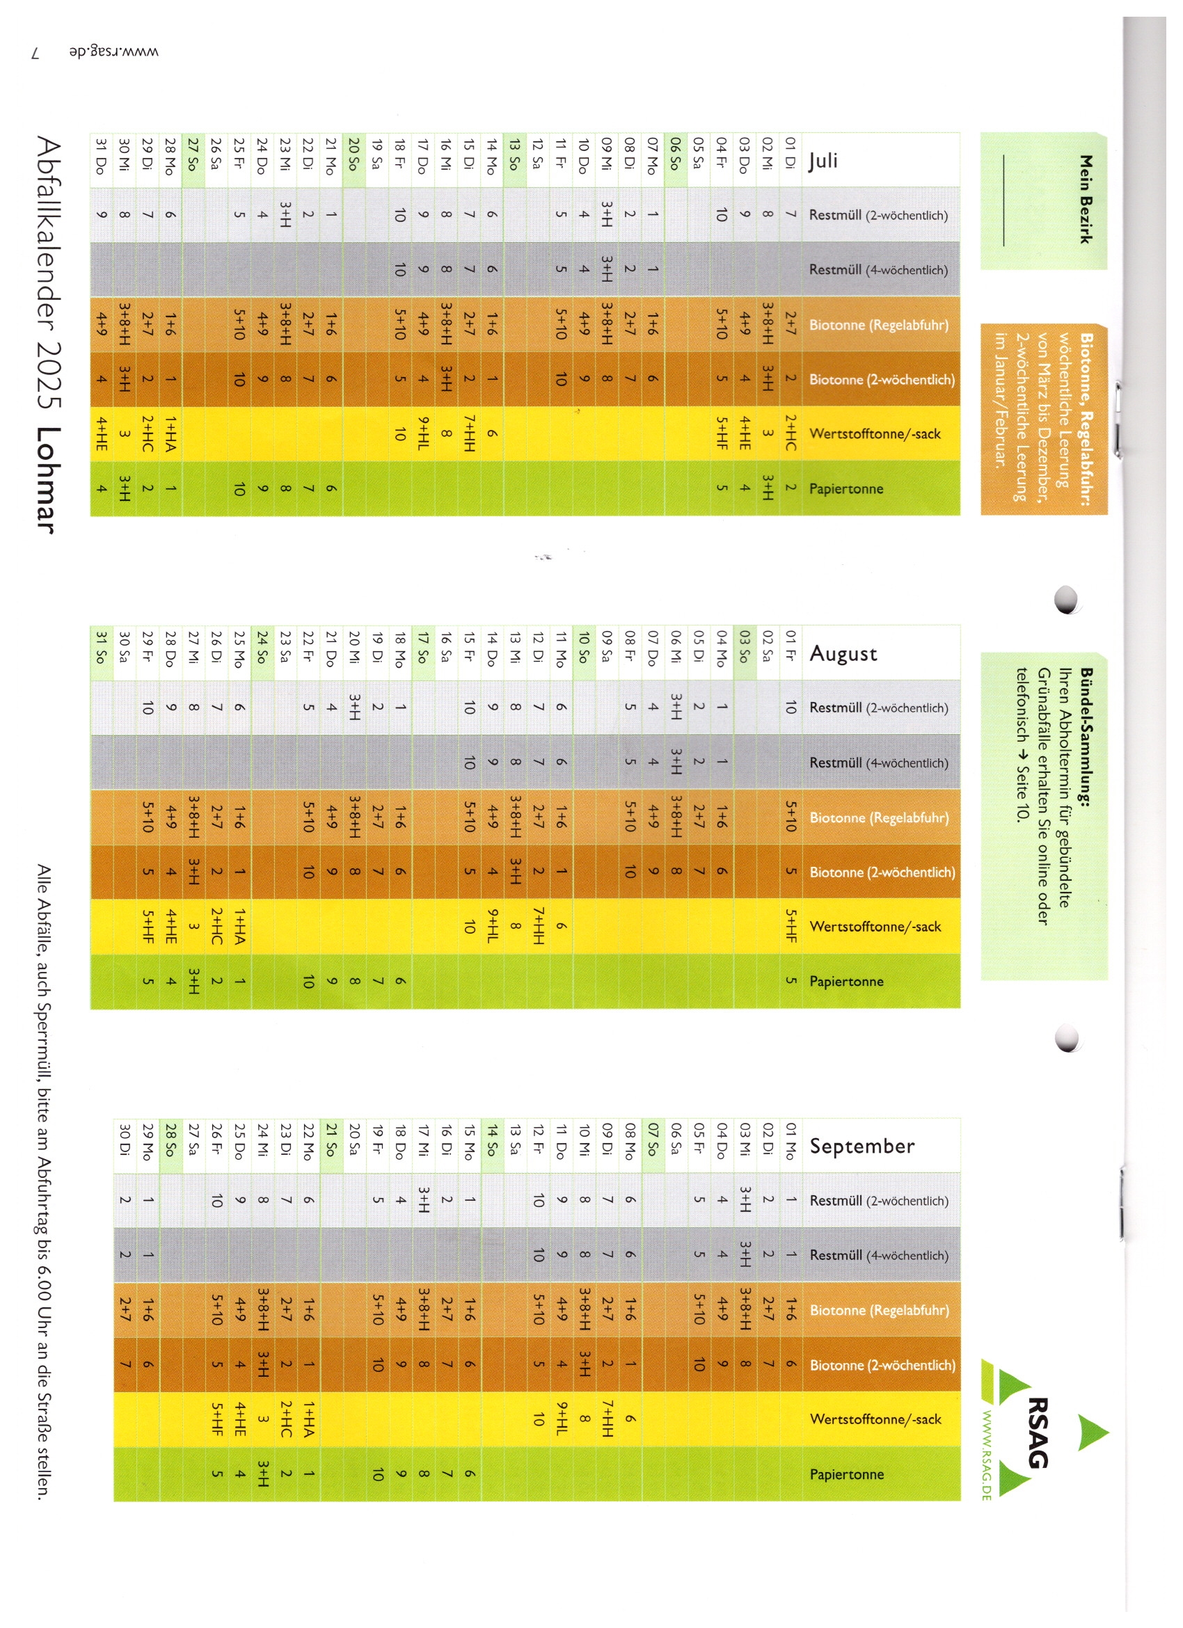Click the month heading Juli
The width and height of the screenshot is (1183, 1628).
[823, 160]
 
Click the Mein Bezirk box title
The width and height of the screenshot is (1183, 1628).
[1086, 200]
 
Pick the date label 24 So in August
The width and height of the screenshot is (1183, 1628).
[262, 651]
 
